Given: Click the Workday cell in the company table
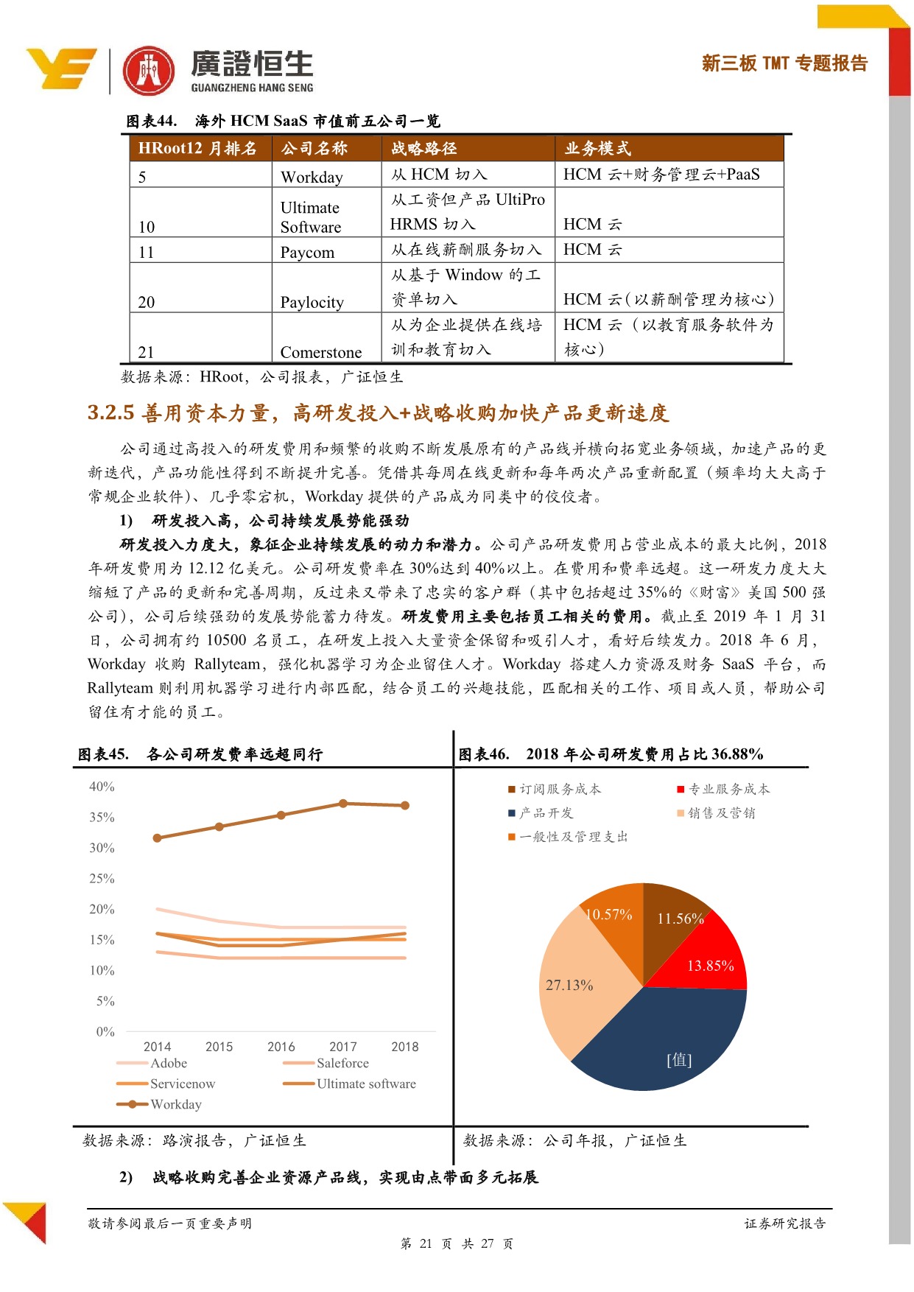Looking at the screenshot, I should pos(312,177).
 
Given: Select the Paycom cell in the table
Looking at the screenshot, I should pos(307,252).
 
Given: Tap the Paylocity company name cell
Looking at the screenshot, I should pos(312,302).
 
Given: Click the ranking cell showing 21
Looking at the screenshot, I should pos(146,352).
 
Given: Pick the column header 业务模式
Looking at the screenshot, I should pos(597,149).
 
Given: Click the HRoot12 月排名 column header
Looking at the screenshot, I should pos(197,149).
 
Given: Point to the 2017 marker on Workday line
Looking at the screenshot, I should pos(343,804).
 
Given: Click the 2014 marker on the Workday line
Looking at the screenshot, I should pos(157,838).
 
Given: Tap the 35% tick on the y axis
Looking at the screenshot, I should pos(102,818).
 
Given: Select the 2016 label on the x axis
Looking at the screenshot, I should pos(281,1047).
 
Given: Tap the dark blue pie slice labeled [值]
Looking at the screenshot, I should pos(670,1046).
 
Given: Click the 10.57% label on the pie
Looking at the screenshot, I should pos(608,915).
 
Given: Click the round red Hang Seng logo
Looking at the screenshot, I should pos(149,71).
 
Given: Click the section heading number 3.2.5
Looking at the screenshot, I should pos(110,412).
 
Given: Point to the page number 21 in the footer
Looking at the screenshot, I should pos(426,1244).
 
